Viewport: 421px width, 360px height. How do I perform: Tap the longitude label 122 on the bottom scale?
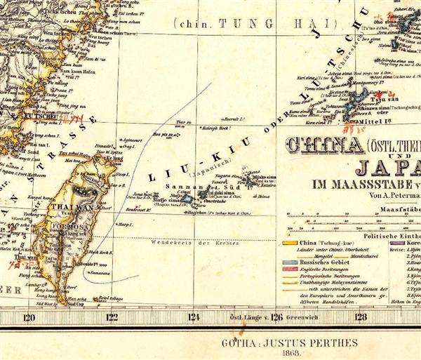point(112,316)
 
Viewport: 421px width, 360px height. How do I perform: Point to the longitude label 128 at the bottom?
point(361,316)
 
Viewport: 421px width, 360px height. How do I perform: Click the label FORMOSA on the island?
point(68,228)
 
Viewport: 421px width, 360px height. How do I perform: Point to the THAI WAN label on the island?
point(72,208)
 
